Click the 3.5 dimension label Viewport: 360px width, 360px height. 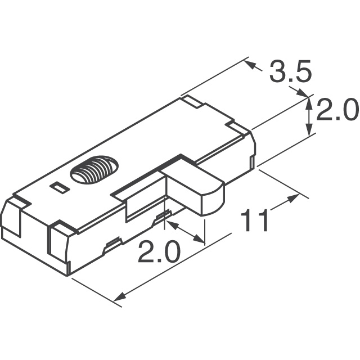[290, 71]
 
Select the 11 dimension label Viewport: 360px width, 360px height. [254, 220]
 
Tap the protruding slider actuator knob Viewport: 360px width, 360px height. [192, 186]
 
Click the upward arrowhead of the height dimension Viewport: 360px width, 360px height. [309, 103]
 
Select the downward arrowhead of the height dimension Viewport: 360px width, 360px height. [309, 130]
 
